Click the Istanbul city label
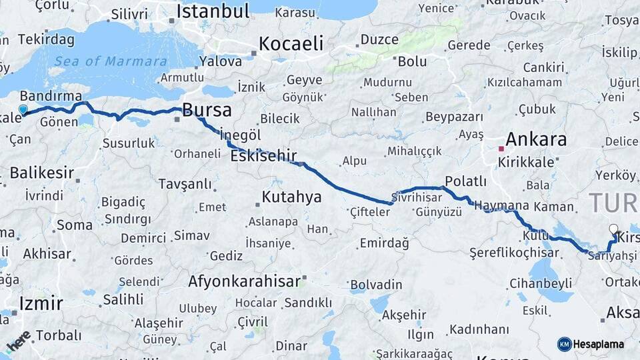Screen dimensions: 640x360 pyautogui.click(x=213, y=11)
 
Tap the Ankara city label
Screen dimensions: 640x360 pyautogui.click(x=536, y=139)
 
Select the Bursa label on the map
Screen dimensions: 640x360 pyautogui.click(x=207, y=110)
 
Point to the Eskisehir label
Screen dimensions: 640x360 pyautogui.click(x=263, y=156)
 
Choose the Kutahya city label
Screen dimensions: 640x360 pyautogui.click(x=291, y=197)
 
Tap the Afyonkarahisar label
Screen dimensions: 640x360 pyautogui.click(x=244, y=281)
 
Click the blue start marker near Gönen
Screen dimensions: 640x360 pyautogui.click(x=23, y=110)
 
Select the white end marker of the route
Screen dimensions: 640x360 pyautogui.click(x=613, y=229)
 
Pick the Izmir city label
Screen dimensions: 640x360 pyautogui.click(x=41, y=304)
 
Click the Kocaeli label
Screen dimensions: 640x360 pyautogui.click(x=291, y=44)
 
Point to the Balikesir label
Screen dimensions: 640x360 pyautogui.click(x=41, y=173)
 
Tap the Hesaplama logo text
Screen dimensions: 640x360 pyautogui.click(x=598, y=344)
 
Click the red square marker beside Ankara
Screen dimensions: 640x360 pyautogui.click(x=501, y=148)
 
